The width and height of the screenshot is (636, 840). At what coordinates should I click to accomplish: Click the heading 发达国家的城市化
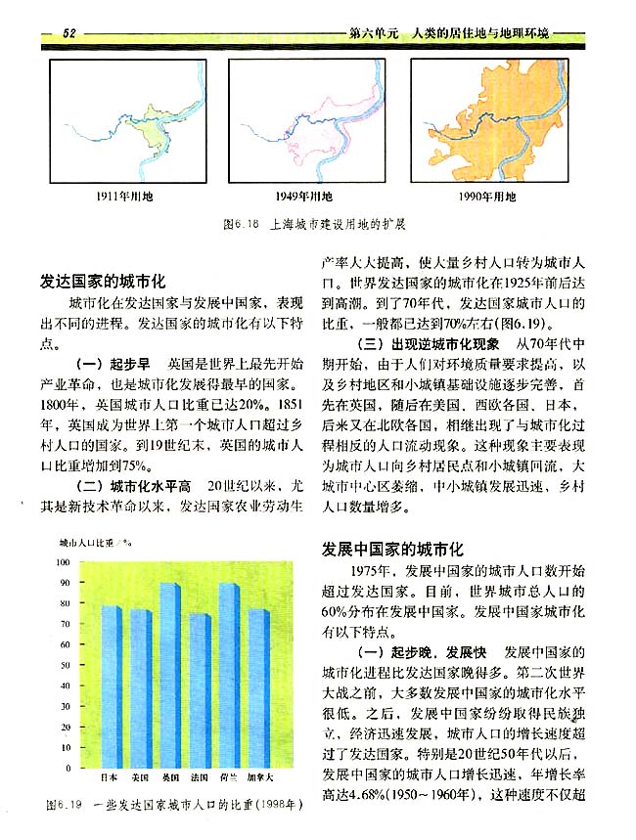tap(105, 280)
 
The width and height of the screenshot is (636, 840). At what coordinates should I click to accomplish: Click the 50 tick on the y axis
tap(65, 667)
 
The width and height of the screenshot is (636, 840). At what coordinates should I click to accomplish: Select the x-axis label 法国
tap(199, 777)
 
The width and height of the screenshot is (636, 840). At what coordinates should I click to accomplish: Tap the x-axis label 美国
tap(139, 777)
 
